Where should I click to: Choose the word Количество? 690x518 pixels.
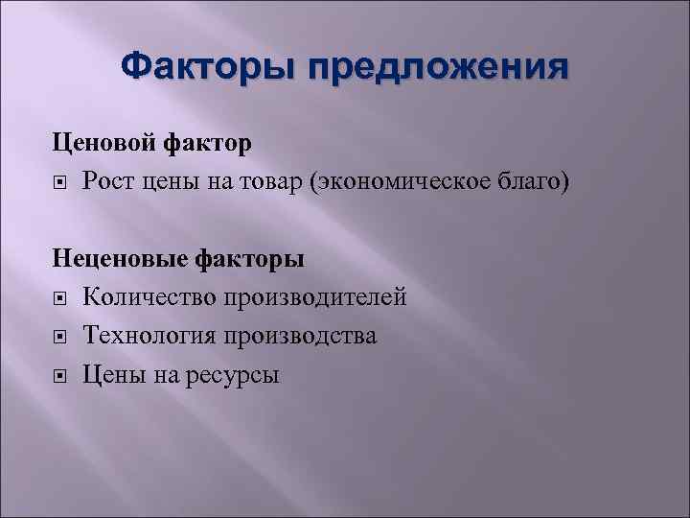pyautogui.click(x=149, y=296)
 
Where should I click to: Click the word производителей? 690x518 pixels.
pyautogui.click(x=315, y=297)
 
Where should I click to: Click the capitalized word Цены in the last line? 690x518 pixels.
pyautogui.click(x=111, y=374)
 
